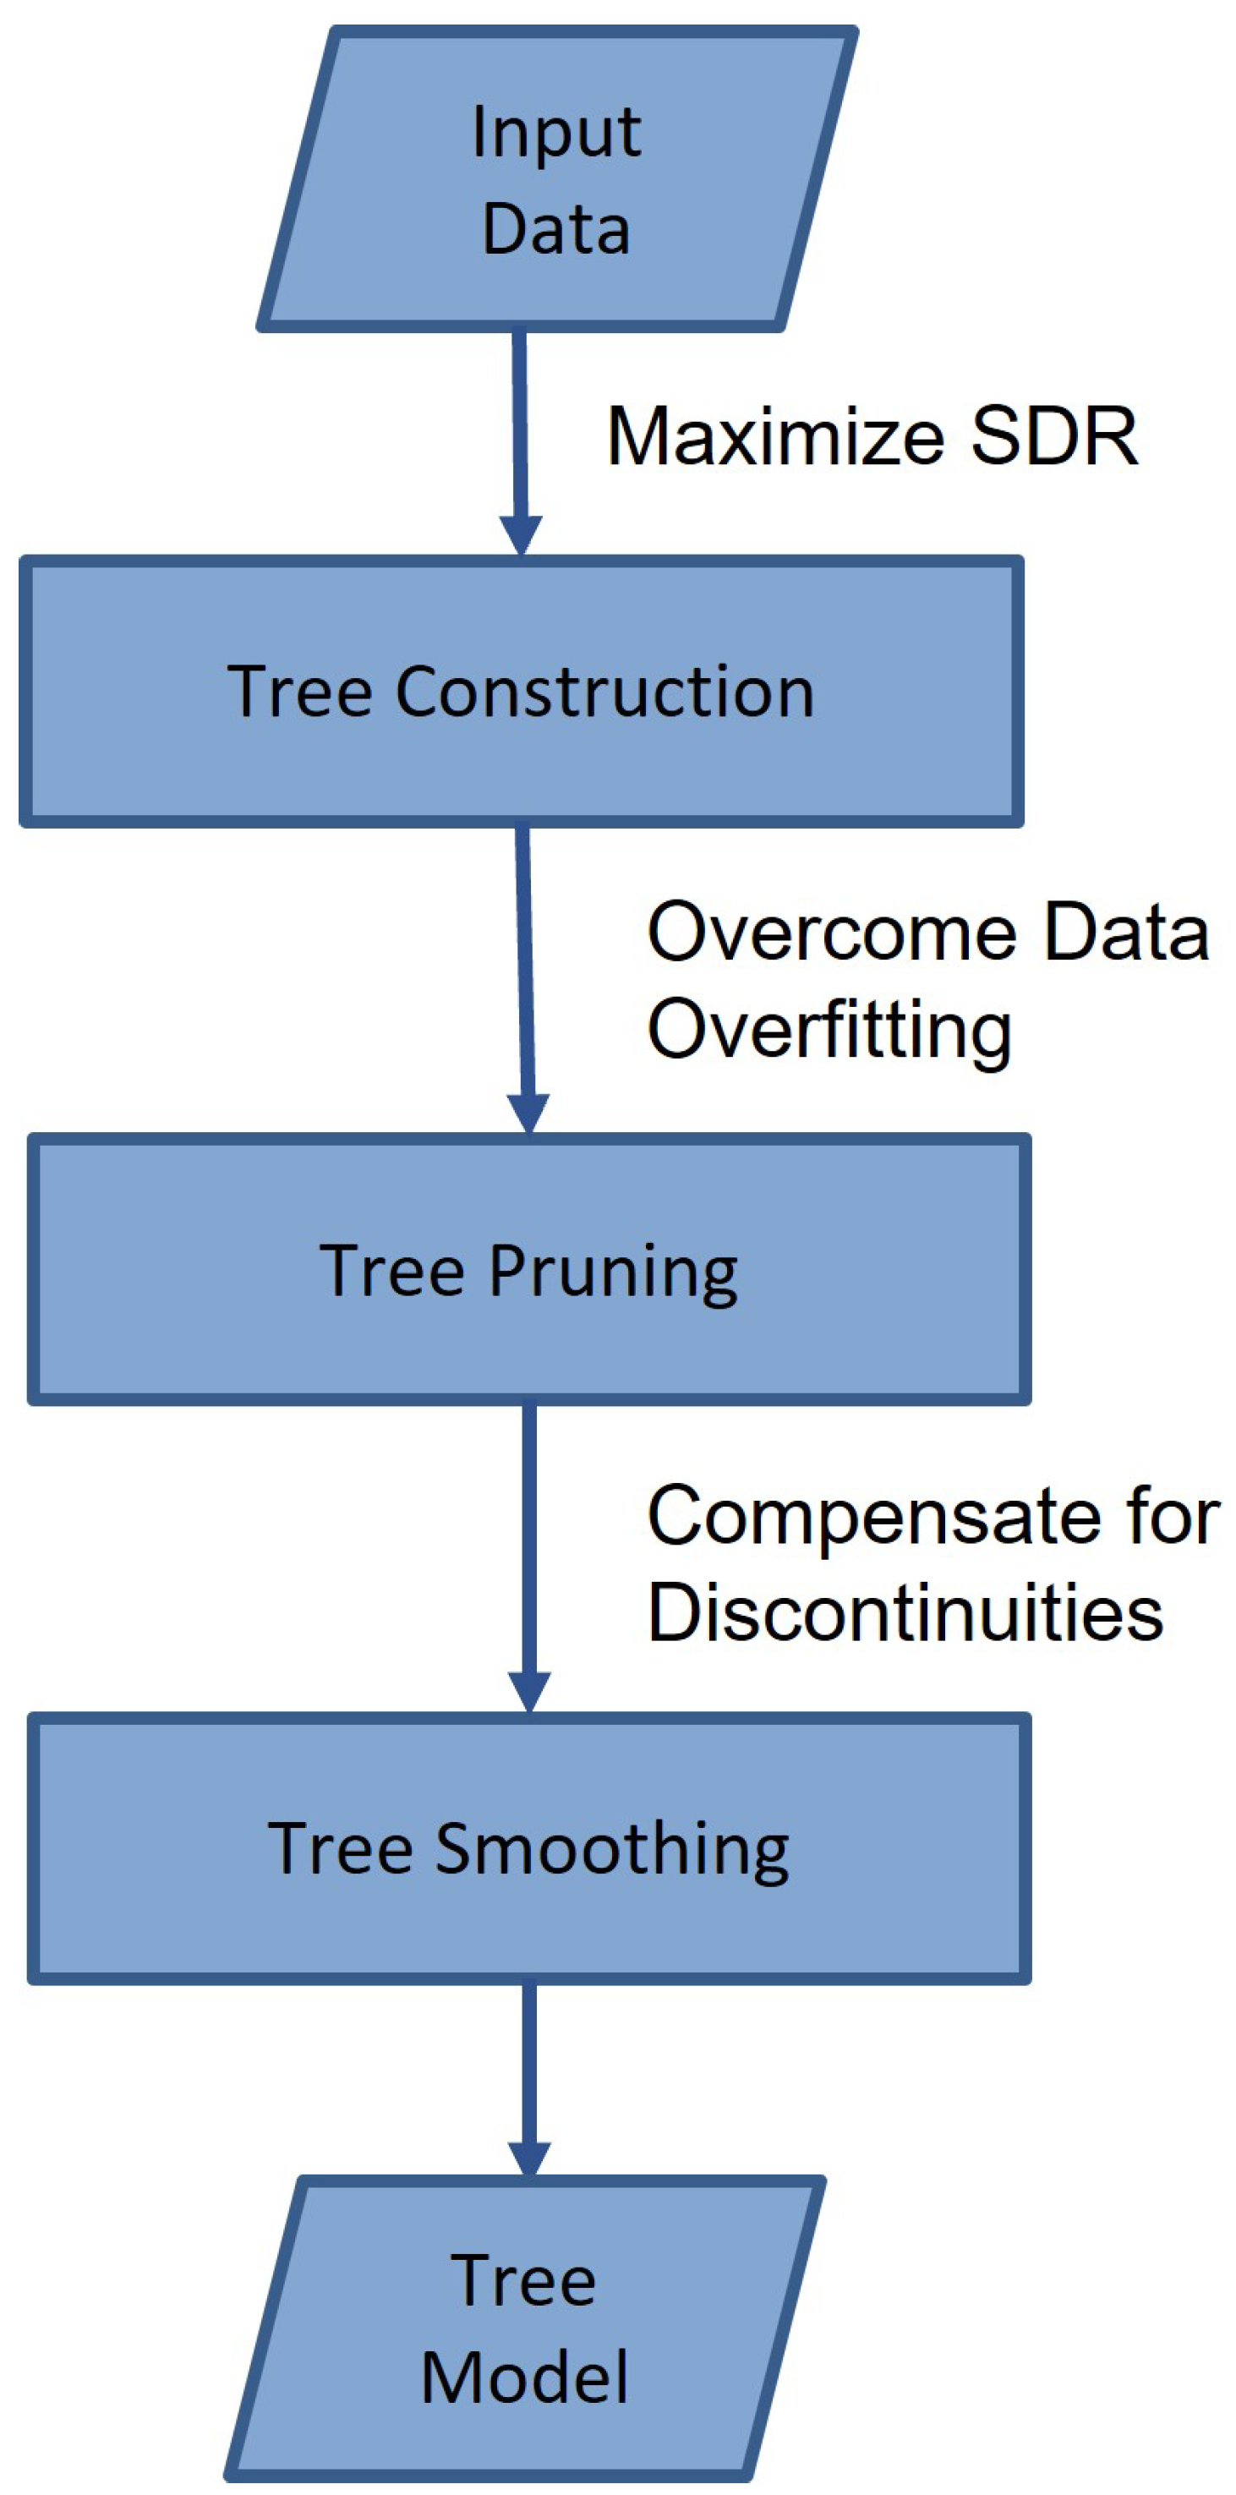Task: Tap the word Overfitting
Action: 829,1031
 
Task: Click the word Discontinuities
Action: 905,1614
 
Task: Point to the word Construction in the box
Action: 604,692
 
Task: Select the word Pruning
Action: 612,1271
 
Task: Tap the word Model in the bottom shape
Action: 524,2377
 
